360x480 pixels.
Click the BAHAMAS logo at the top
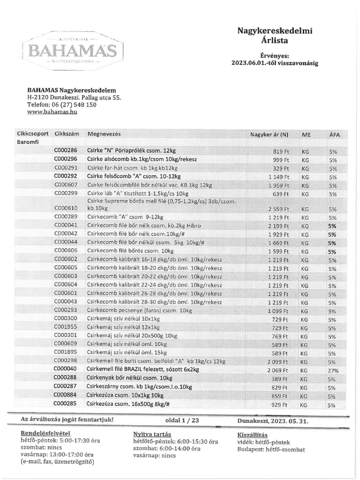point(73,50)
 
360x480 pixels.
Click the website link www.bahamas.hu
point(52,112)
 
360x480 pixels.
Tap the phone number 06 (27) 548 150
point(75,105)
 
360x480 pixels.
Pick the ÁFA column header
point(335,135)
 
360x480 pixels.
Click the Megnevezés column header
point(104,134)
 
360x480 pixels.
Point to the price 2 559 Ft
point(278,209)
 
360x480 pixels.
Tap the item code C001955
point(66,327)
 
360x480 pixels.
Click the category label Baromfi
point(28,142)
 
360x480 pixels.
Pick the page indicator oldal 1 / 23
point(182,420)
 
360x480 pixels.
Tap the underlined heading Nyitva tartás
point(152,434)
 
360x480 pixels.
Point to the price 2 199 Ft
point(278,226)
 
